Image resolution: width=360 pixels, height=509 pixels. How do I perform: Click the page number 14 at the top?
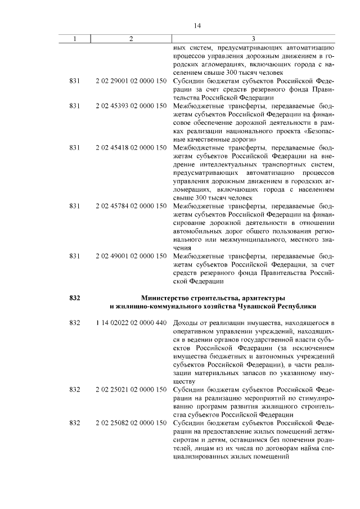[x=197, y=26]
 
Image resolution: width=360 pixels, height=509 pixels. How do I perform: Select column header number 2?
[x=131, y=39]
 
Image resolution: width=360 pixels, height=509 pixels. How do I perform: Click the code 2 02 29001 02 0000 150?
[x=131, y=82]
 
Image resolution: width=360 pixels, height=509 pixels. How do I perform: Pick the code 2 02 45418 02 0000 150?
[x=131, y=148]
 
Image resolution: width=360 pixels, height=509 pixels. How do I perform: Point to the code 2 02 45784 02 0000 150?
[x=131, y=206]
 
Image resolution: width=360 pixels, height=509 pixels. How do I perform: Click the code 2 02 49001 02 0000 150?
[x=131, y=256]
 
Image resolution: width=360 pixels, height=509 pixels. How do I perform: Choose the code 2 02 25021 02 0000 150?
[x=131, y=389]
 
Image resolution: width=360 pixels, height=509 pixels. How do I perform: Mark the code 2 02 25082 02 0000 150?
[x=131, y=422]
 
